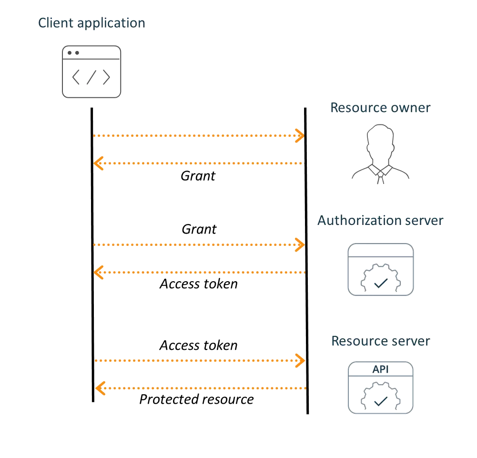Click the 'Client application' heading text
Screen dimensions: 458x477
coord(91,23)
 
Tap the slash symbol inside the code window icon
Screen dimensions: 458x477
coord(91,78)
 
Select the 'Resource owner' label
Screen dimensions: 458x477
coord(380,108)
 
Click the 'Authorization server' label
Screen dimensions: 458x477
coord(380,221)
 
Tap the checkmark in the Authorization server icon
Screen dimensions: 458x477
coord(380,284)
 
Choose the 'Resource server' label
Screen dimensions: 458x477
coord(380,341)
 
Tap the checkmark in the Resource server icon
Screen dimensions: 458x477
coord(380,402)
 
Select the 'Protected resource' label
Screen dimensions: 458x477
coord(196,399)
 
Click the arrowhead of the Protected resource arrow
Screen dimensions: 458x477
coord(99,388)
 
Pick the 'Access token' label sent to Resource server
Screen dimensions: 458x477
coord(198,345)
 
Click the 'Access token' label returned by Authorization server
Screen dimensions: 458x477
coord(198,285)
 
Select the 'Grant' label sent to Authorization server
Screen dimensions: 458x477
coord(199,229)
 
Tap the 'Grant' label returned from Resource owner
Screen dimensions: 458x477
coord(198,176)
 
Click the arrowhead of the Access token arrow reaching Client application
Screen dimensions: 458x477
coord(99,273)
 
